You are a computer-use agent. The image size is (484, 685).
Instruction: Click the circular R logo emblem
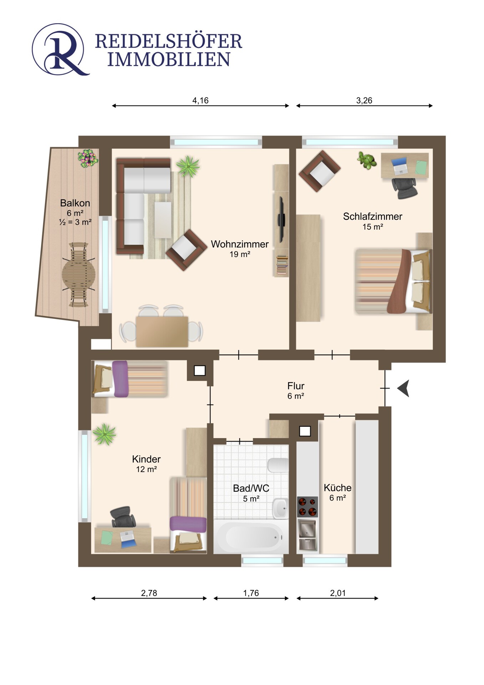pos(60,49)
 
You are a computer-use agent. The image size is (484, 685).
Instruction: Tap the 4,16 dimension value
pos(200,101)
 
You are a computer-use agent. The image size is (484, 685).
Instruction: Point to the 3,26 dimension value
pos(364,101)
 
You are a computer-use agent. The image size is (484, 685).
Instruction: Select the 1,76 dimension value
pos(251,593)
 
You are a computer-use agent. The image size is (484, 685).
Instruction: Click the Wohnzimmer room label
pos(240,244)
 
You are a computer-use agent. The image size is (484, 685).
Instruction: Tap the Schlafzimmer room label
pos(373,216)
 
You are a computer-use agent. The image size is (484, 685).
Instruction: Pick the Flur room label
pos(296,386)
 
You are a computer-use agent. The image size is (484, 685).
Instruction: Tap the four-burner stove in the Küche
pos(307,507)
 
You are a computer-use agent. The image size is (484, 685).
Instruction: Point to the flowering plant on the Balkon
pos(88,158)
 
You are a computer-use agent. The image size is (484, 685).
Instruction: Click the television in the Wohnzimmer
pos(281,219)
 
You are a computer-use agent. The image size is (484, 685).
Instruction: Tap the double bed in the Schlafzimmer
pos(393,281)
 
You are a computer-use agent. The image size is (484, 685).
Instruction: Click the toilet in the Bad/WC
pos(278,465)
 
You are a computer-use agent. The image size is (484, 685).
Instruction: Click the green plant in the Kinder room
pos(104,434)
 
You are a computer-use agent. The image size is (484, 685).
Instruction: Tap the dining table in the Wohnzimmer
pos(162,332)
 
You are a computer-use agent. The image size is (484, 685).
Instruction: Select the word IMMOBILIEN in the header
pos(169,60)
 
